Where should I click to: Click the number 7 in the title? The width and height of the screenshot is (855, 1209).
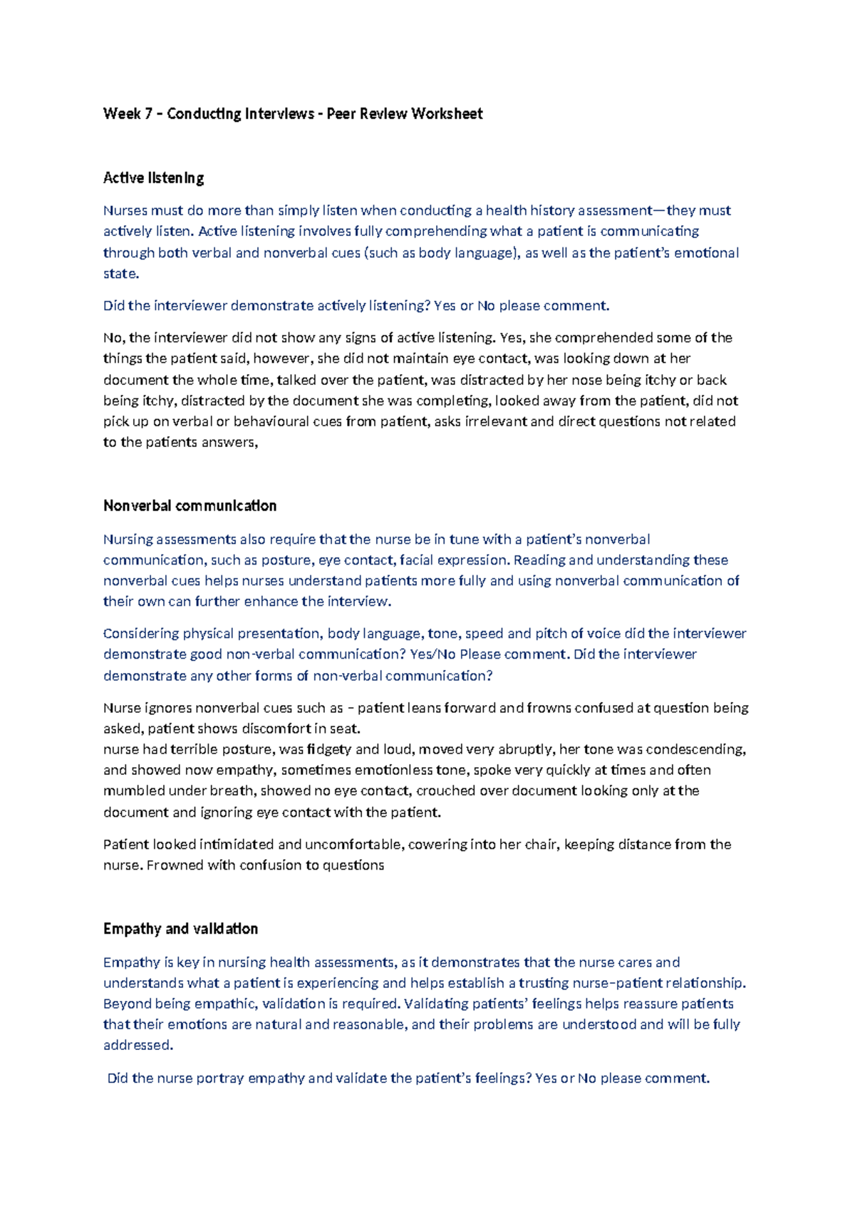[148, 114]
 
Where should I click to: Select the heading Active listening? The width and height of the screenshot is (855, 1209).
[153, 178]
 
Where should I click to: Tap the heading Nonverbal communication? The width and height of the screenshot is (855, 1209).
[190, 506]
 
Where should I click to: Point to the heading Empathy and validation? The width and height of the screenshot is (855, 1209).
[180, 929]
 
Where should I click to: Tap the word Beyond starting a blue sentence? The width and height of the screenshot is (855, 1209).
[127, 1004]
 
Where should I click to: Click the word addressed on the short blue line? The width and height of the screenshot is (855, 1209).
[137, 1046]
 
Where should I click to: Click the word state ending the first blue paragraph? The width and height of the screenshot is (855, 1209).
[120, 274]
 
